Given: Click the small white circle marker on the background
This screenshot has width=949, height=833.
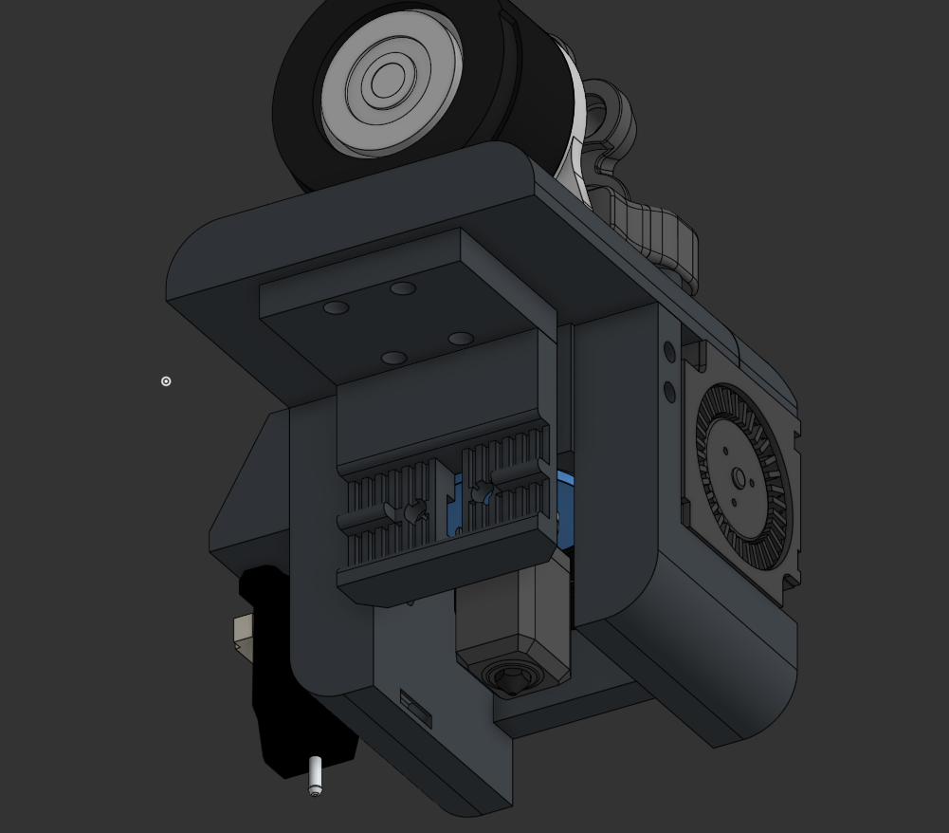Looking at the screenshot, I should click(x=166, y=381).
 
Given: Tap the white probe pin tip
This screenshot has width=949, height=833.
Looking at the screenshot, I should click(x=315, y=776).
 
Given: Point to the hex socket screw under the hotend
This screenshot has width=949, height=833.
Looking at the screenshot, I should click(x=512, y=677).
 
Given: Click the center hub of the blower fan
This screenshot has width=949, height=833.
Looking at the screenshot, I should click(x=739, y=478).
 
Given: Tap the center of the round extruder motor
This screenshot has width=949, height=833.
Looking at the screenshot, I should click(x=387, y=83).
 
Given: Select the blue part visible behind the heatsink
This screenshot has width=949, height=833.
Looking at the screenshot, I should click(x=564, y=493).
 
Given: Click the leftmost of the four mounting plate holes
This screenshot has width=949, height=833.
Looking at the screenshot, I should click(x=336, y=308).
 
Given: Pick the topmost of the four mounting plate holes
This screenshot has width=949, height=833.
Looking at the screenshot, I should click(x=403, y=288).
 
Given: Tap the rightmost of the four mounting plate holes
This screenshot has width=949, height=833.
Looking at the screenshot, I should click(x=461, y=339).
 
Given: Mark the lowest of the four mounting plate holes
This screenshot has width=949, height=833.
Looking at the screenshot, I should click(x=393, y=359).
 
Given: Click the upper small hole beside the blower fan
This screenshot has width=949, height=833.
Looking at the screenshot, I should click(x=669, y=352).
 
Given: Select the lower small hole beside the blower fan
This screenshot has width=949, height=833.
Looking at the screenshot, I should click(x=669, y=391).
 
